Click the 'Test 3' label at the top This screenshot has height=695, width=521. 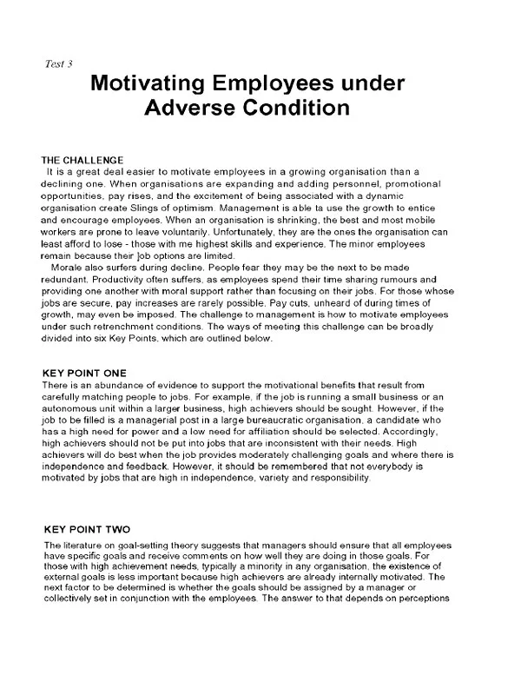tap(58, 64)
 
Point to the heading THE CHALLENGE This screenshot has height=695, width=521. tap(82, 161)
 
